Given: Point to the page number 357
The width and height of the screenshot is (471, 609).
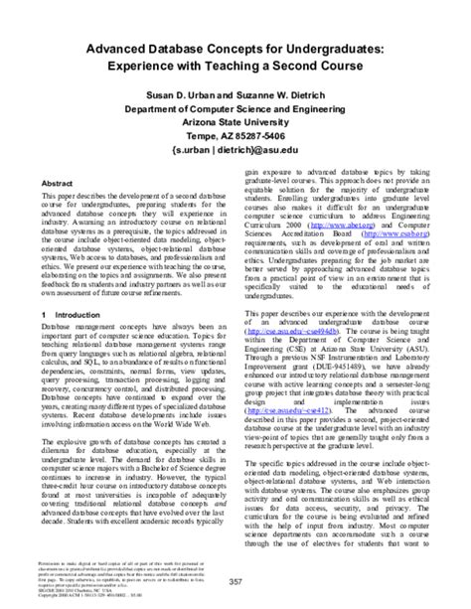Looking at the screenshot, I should click(x=235, y=581).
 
